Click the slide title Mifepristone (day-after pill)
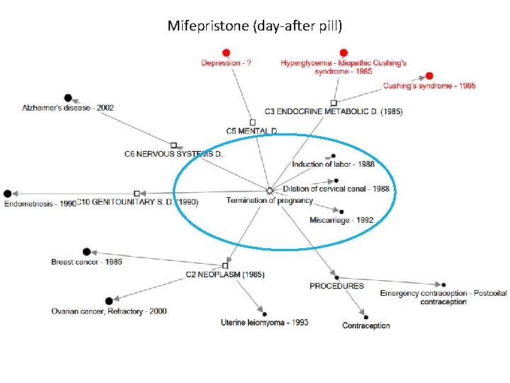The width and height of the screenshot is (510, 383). (x=254, y=26)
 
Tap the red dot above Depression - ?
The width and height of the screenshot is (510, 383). (x=226, y=52)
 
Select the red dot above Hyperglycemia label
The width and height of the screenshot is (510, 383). (x=344, y=52)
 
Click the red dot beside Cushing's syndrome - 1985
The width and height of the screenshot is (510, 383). (x=429, y=76)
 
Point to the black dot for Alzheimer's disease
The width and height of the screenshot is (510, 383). (x=68, y=98)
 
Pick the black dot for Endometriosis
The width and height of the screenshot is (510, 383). (x=8, y=194)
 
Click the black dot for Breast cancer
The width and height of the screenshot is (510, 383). (x=86, y=252)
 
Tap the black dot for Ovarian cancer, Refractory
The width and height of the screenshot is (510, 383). (x=108, y=301)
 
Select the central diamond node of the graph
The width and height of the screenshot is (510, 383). (x=269, y=191)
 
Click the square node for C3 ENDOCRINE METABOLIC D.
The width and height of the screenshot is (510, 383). (x=334, y=103)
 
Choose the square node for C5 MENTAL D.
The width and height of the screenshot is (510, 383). (x=252, y=122)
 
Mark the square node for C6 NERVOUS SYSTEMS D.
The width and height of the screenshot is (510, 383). (x=174, y=145)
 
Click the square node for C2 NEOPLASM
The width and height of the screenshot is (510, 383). (x=225, y=265)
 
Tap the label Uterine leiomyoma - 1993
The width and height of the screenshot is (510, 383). (x=264, y=323)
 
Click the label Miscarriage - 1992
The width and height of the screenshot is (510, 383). (x=341, y=221)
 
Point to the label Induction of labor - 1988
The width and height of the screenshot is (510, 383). (x=333, y=165)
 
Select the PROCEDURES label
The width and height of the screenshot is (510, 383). (x=336, y=286)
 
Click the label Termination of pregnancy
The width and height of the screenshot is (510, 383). (x=269, y=201)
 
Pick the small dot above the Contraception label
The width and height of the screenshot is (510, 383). (x=365, y=316)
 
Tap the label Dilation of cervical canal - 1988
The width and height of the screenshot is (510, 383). (x=336, y=189)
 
